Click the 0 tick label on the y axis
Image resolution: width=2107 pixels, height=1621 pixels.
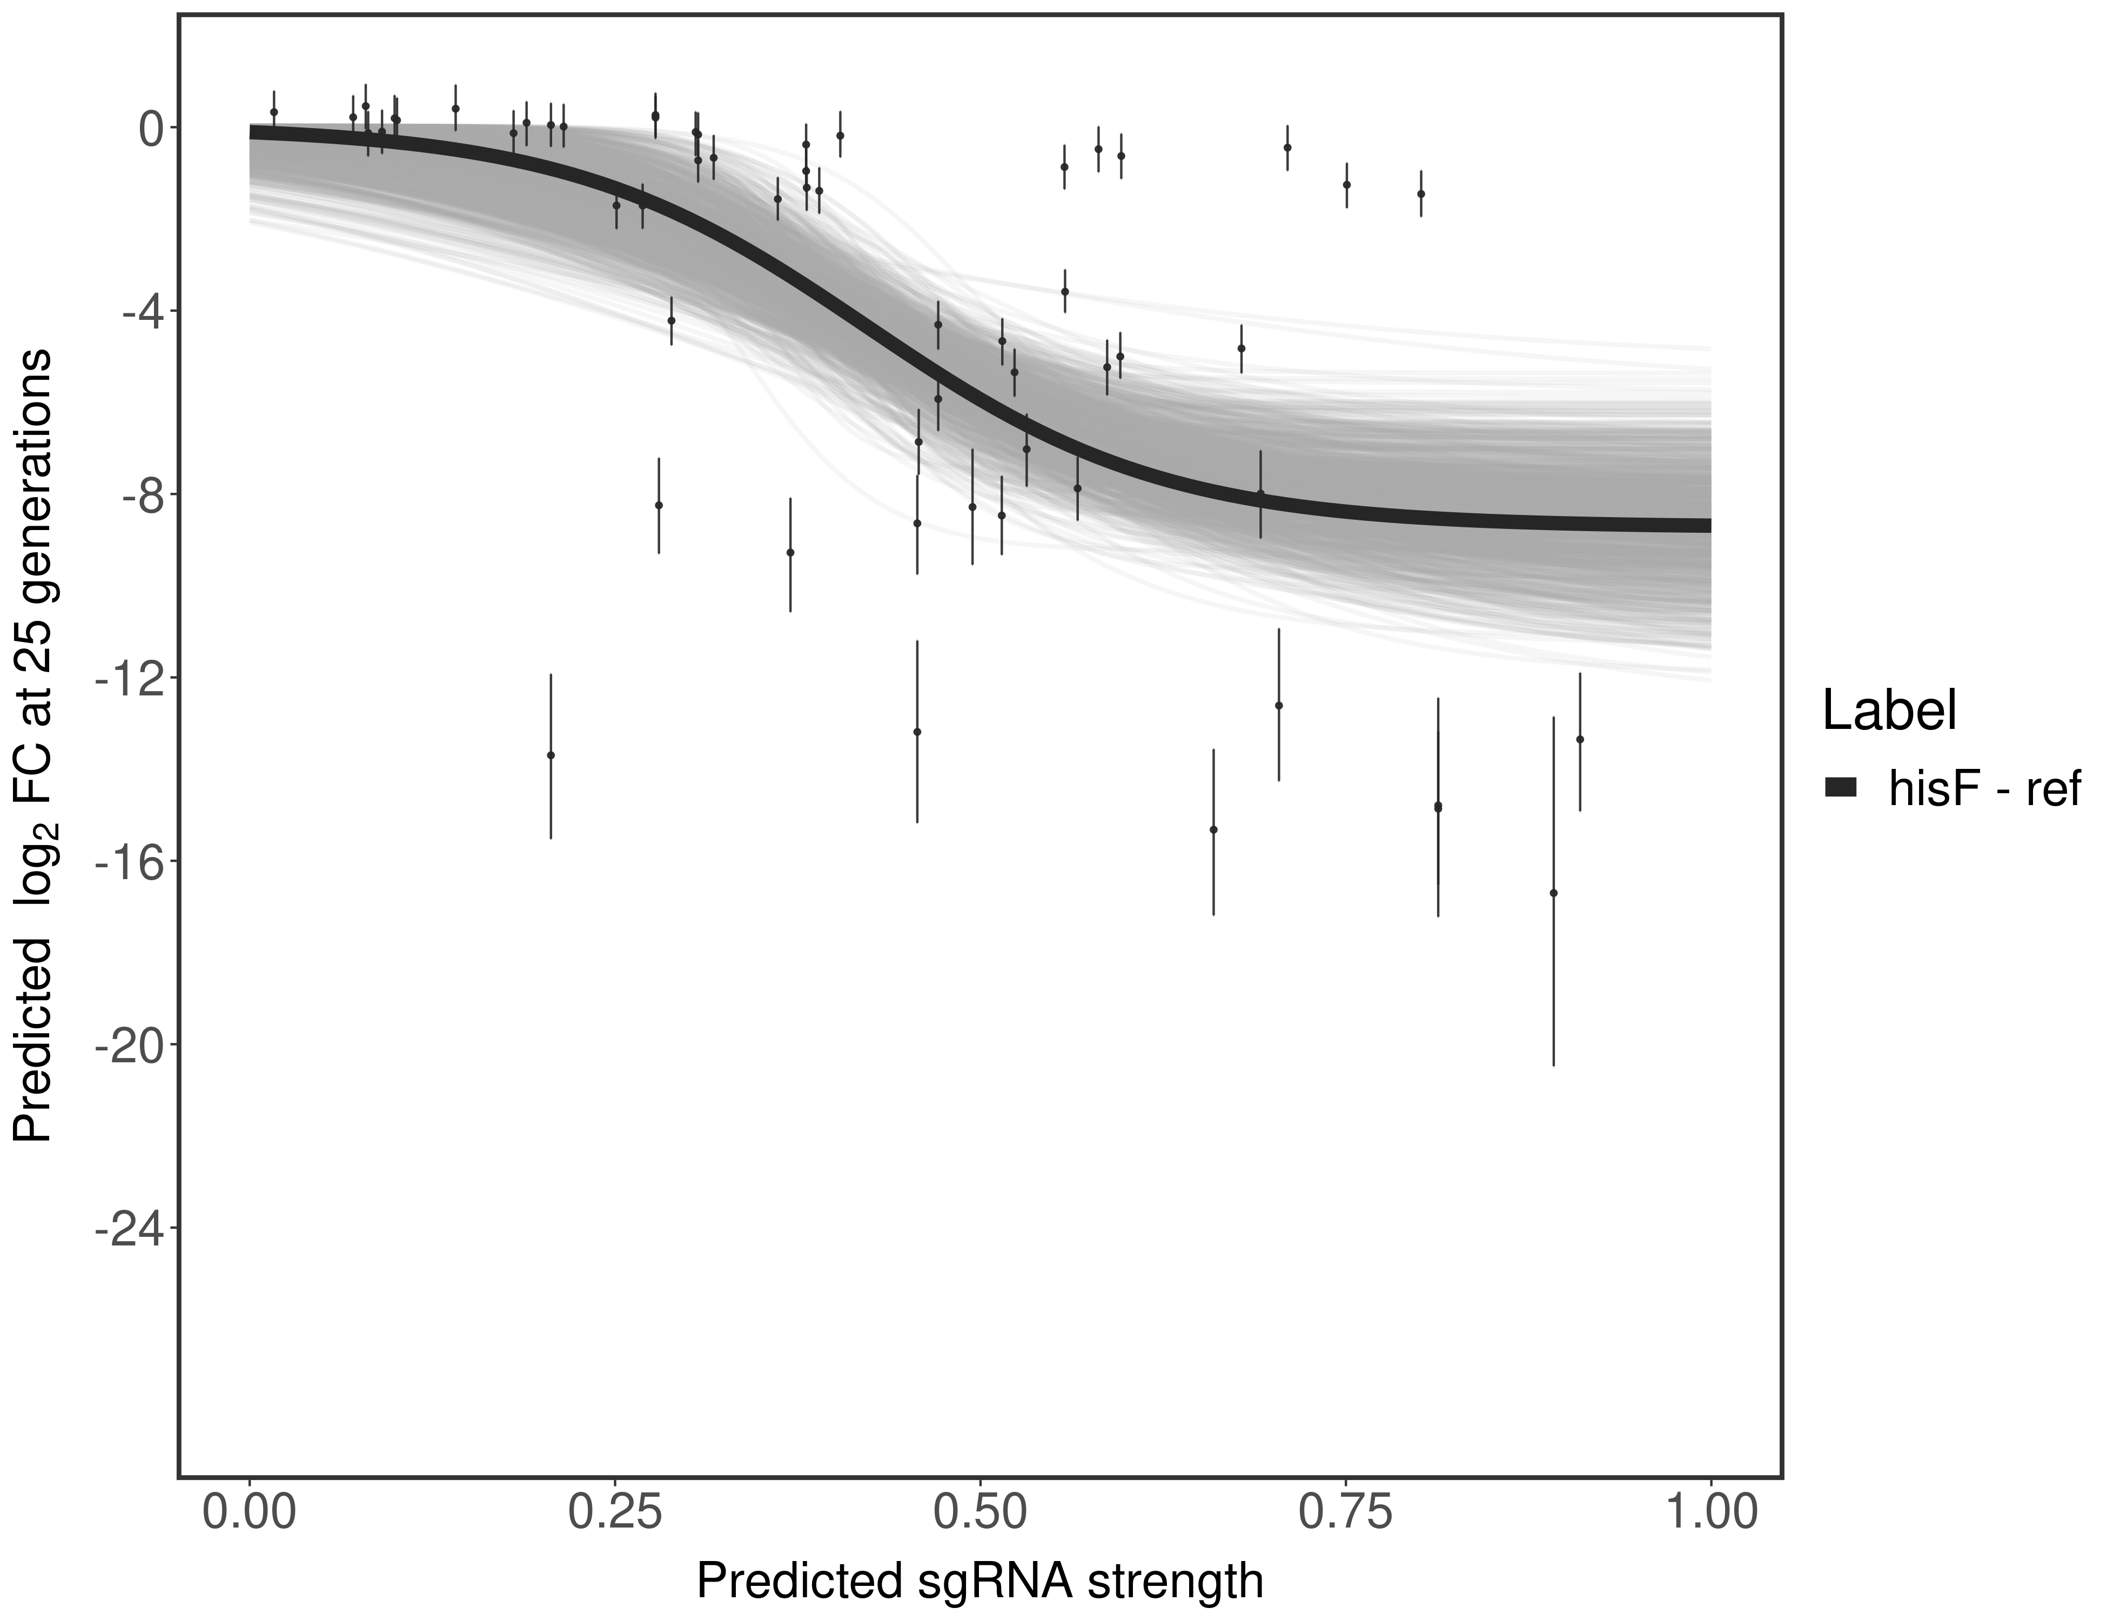pos(151,129)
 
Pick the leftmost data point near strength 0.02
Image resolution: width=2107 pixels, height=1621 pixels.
pos(274,112)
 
